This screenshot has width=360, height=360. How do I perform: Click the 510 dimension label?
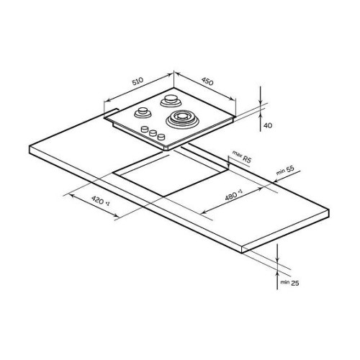(138, 81)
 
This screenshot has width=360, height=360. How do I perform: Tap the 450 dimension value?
(207, 81)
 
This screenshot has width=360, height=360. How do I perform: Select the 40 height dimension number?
(268, 125)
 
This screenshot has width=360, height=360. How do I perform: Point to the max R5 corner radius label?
(241, 156)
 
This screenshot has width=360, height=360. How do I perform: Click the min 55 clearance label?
(285, 170)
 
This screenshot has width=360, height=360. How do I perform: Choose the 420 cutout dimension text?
(101, 200)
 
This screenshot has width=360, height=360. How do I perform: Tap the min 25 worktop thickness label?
(289, 283)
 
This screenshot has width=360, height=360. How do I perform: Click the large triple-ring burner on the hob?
(182, 119)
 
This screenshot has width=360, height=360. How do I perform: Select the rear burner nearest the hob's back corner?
(171, 101)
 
